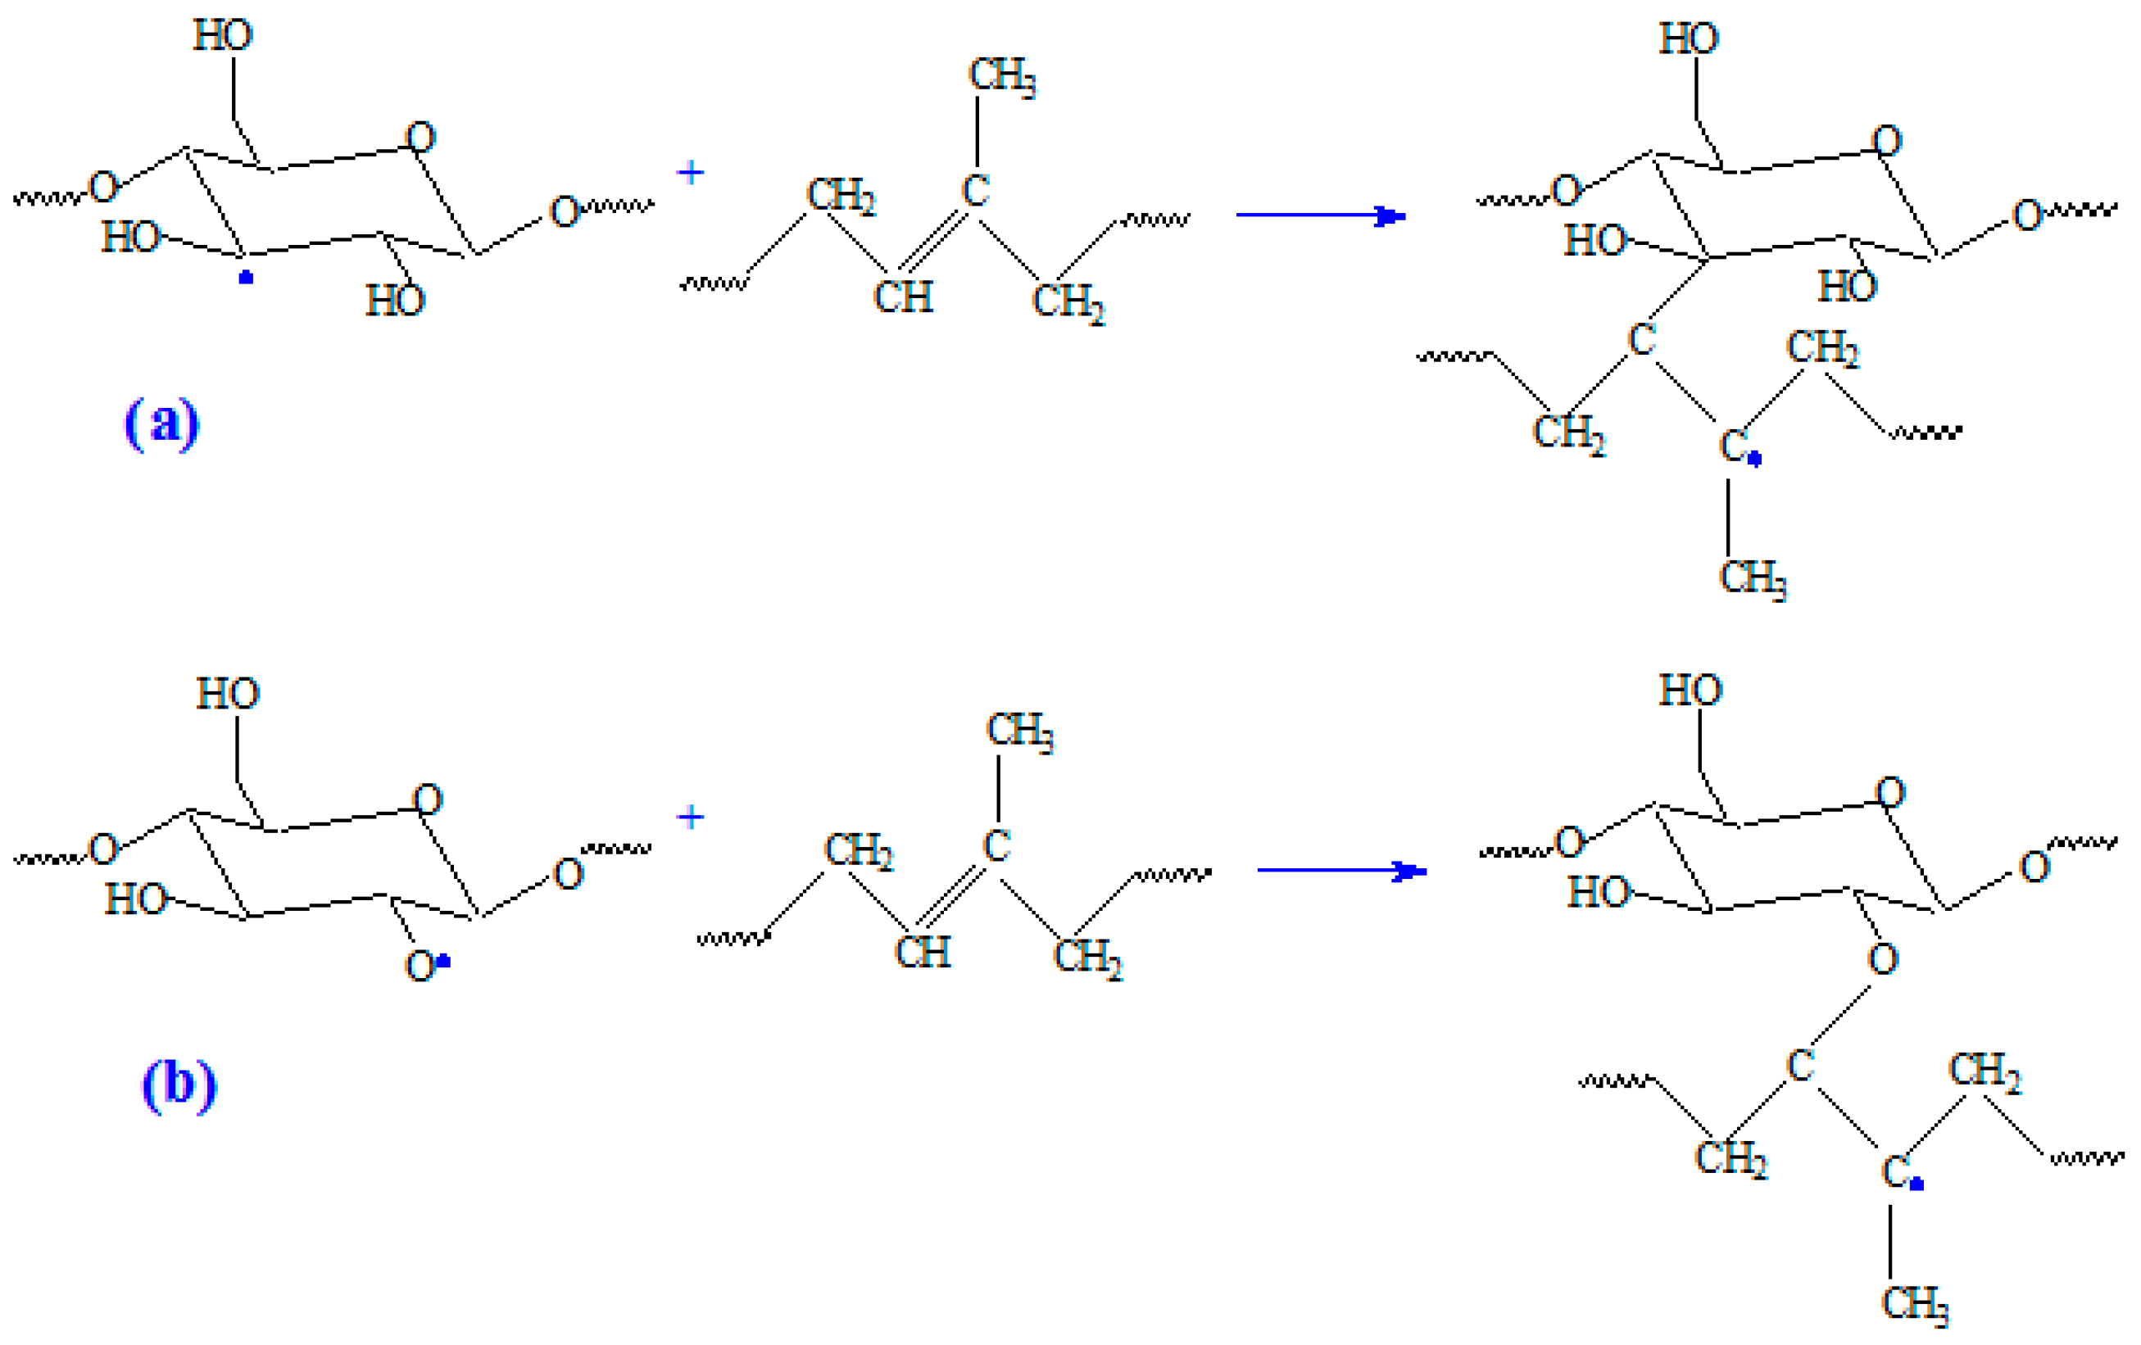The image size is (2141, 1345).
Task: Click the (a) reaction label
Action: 161,423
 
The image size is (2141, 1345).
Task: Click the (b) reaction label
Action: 179,1085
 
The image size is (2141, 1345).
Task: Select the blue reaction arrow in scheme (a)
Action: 1319,215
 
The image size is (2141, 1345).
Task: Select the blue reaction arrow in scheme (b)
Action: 1340,870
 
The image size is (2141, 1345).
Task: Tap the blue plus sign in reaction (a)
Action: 690,171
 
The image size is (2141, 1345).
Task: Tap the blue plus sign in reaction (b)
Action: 690,816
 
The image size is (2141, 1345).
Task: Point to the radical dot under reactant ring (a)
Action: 247,278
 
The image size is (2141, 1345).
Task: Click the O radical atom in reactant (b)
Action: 420,966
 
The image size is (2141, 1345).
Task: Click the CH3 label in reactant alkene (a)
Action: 1001,75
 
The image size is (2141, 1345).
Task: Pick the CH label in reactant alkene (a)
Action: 902,297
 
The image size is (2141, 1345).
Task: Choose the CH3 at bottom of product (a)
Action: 1753,579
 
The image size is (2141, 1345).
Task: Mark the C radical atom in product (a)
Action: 1733,446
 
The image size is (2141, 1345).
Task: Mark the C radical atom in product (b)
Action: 1894,1171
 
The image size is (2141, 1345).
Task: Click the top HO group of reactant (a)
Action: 222,35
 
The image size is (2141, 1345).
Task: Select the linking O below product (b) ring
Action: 1883,958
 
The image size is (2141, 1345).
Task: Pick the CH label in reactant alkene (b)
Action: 922,952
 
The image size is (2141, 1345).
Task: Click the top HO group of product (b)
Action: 1690,690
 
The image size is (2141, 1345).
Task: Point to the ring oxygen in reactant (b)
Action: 427,800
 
